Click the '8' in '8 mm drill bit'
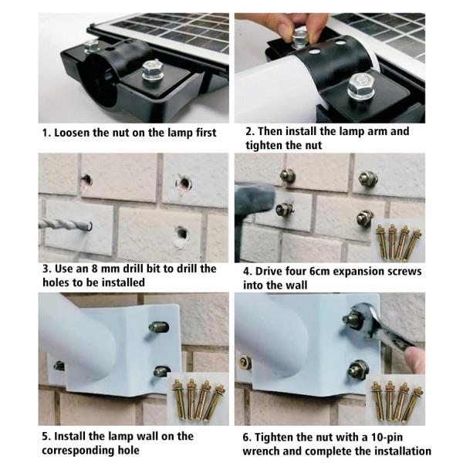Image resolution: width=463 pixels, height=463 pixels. point(94,269)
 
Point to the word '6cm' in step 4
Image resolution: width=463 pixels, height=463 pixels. point(319,272)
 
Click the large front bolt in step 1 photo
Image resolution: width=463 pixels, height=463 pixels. point(152,71)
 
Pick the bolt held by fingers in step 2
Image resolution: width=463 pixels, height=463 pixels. point(300,37)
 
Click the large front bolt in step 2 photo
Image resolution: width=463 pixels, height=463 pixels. point(360,86)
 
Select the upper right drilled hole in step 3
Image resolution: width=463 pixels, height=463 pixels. point(184,184)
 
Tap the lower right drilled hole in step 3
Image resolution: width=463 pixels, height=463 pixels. point(181,234)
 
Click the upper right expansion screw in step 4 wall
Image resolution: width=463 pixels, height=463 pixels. point(368,179)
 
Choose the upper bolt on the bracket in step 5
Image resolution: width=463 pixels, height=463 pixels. point(158,327)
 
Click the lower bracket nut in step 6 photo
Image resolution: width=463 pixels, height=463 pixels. point(358,370)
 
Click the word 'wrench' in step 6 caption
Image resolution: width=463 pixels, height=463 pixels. point(261,451)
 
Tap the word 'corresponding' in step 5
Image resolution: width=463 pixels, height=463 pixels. point(78,451)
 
